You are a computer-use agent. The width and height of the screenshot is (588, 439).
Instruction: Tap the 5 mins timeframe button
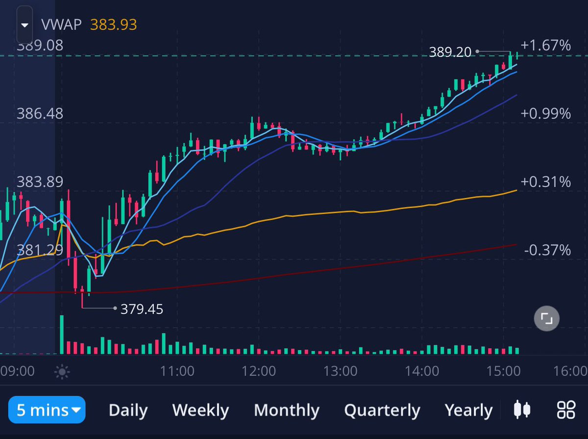click(47, 410)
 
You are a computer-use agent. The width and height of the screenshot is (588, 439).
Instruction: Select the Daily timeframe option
click(128, 410)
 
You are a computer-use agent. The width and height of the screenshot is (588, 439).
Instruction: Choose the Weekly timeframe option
click(200, 410)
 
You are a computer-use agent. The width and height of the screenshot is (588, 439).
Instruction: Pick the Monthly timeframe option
click(287, 410)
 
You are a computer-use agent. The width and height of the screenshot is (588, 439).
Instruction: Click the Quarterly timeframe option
click(382, 410)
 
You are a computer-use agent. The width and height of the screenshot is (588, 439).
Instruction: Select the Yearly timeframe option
click(468, 410)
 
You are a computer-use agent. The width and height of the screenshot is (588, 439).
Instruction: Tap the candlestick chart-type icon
click(522, 409)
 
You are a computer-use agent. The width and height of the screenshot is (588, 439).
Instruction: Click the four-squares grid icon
click(566, 410)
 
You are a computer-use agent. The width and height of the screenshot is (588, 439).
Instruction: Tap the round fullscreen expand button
click(546, 318)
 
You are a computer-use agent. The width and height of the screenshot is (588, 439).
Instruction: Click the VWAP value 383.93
click(114, 25)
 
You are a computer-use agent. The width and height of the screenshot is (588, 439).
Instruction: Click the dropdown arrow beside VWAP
click(24, 25)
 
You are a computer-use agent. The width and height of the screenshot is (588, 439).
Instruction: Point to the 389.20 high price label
click(450, 52)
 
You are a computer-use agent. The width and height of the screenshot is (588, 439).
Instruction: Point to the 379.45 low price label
click(142, 309)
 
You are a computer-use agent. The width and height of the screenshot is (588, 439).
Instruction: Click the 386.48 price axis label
click(40, 113)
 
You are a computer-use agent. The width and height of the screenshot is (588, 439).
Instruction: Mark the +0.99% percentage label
click(546, 113)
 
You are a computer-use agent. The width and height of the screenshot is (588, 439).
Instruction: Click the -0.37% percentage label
click(547, 250)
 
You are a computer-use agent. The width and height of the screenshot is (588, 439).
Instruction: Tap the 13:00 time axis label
click(340, 371)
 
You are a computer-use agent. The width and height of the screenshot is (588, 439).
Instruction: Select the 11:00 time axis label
click(177, 371)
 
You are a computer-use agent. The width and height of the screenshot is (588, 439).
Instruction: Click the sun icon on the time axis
click(62, 372)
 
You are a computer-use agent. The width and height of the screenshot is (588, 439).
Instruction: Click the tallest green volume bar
click(62, 335)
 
